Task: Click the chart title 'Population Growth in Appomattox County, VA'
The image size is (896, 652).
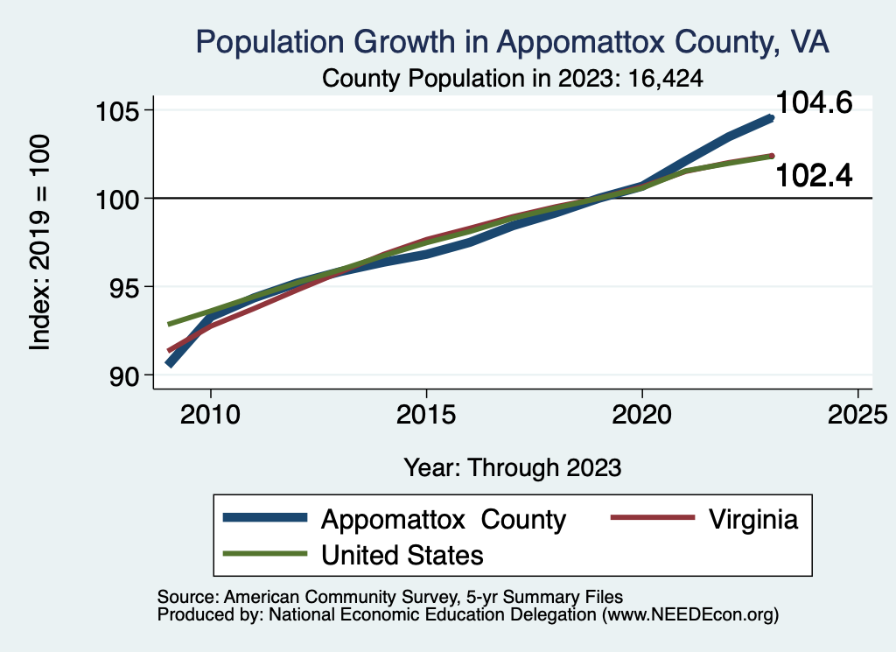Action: click(x=513, y=41)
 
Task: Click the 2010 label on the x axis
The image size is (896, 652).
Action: click(x=210, y=411)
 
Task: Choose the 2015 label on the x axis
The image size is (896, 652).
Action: click(x=426, y=411)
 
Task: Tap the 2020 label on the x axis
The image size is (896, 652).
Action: click(x=642, y=411)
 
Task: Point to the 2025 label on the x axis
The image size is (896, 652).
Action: click(x=857, y=411)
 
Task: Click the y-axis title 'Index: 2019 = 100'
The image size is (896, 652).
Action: click(x=40, y=242)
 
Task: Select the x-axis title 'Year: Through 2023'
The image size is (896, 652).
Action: click(x=513, y=467)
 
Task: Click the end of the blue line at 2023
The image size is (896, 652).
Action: click(x=771, y=117)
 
